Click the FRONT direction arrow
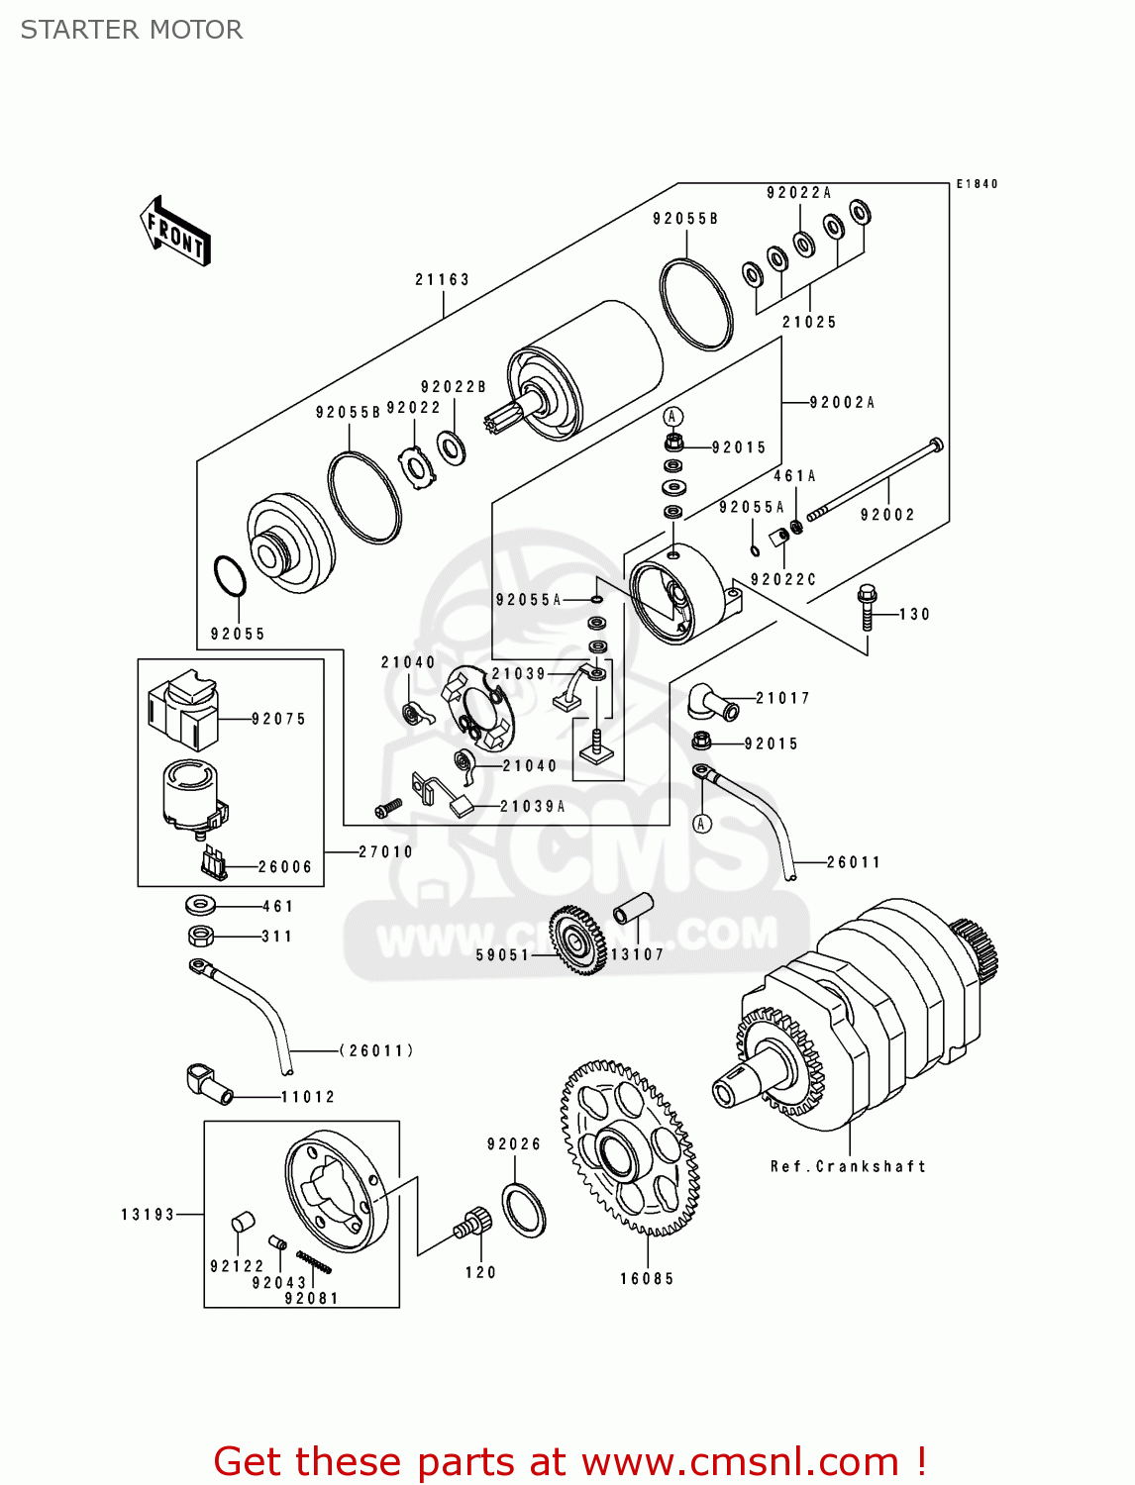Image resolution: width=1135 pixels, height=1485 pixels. [x=175, y=232]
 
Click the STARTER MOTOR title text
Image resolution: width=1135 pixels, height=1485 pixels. [x=132, y=30]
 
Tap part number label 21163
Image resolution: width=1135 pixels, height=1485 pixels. [x=442, y=280]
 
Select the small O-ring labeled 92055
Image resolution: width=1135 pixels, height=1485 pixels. [x=229, y=576]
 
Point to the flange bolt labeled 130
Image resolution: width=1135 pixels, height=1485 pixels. [x=868, y=605]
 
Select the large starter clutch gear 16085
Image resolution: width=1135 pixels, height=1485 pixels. [x=630, y=1148]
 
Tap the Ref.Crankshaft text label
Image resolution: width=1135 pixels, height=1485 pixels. [x=848, y=1166]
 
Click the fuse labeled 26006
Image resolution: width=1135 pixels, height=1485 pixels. [x=213, y=862]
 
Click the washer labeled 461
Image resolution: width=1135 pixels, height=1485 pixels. [x=200, y=905]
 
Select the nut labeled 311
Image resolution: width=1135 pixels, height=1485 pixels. [x=201, y=935]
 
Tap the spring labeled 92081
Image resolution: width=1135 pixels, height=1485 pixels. [x=314, y=1262]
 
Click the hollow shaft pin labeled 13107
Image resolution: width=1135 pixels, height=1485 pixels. [x=633, y=908]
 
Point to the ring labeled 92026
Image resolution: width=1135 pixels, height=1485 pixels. [x=524, y=1209]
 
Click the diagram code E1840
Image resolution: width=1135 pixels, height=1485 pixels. [x=977, y=184]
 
